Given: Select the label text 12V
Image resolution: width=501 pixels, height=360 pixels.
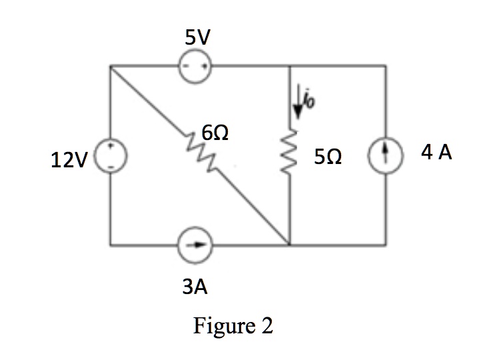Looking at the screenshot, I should (x=66, y=161).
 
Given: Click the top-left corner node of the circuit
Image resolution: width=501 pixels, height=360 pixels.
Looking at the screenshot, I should (x=111, y=65).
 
